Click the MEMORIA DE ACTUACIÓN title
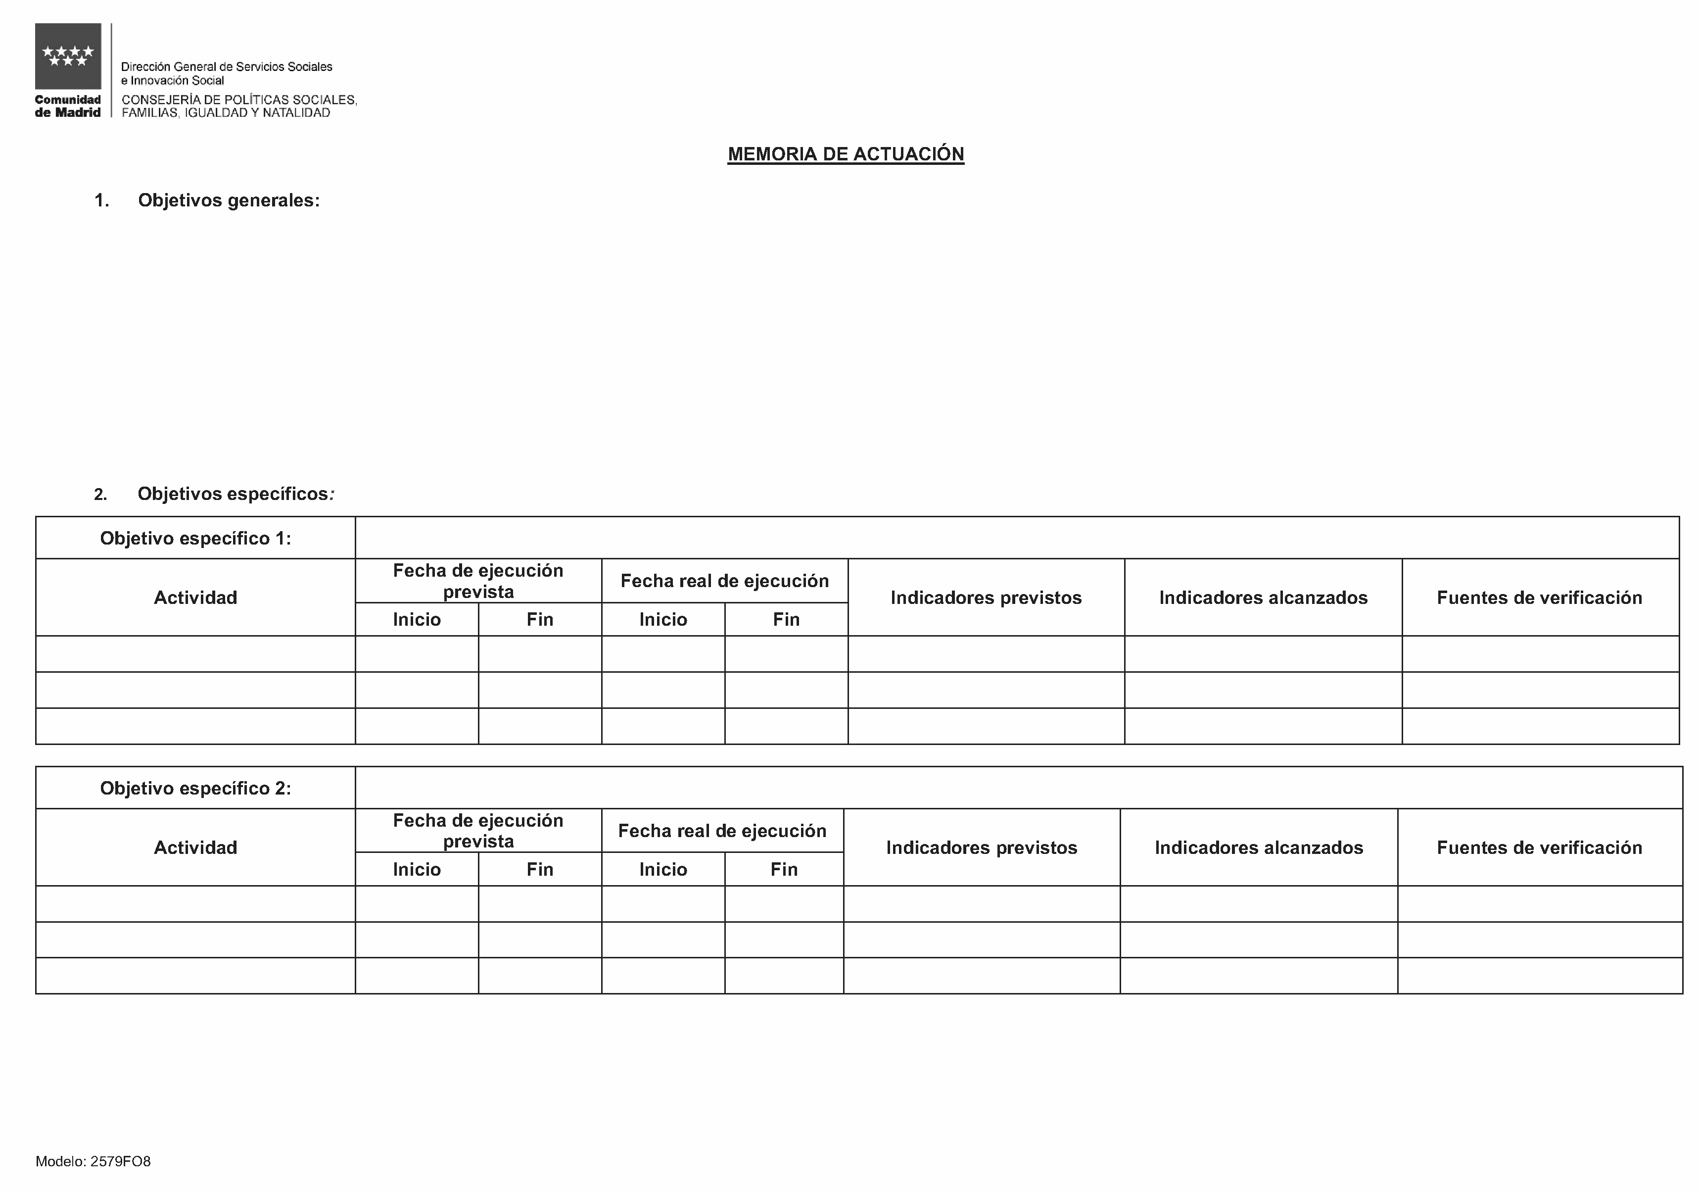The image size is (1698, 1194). tap(846, 154)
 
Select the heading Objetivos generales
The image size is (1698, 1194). tap(229, 200)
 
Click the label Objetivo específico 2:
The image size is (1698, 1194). tap(195, 788)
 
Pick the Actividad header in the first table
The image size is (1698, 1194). tap(195, 597)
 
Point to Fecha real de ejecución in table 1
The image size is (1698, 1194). tap(724, 581)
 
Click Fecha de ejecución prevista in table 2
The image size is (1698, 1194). tap(478, 830)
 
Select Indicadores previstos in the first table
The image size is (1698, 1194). tap(986, 597)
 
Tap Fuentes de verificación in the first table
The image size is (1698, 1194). tap(1539, 597)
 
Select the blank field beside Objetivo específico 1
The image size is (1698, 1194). tap(1017, 538)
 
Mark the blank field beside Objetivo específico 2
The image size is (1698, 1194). tap(1018, 788)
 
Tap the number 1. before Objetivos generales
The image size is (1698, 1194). tap(101, 200)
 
